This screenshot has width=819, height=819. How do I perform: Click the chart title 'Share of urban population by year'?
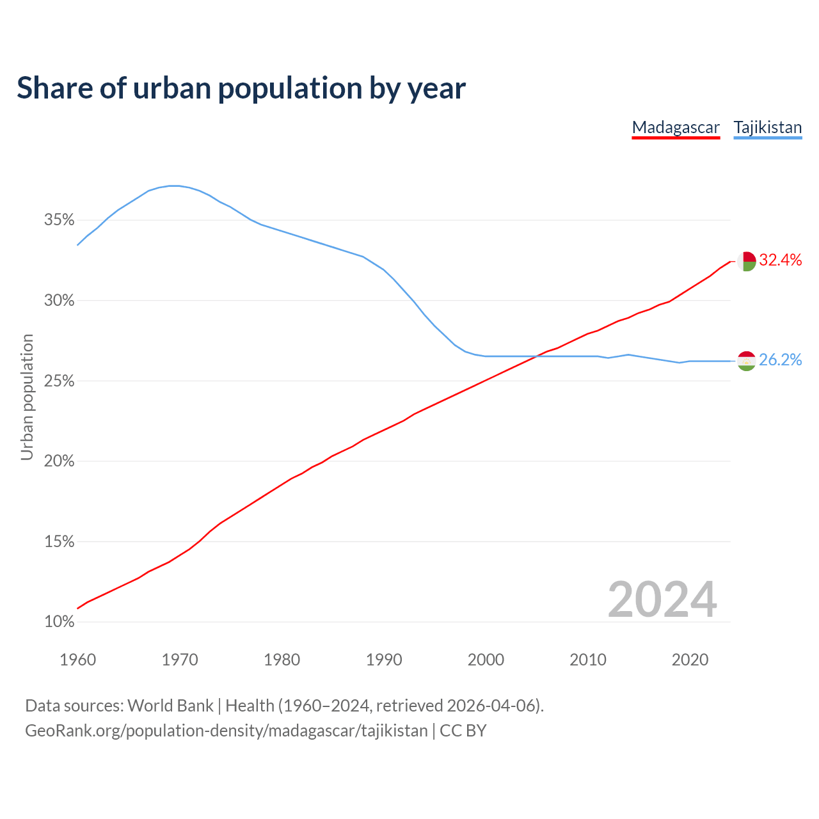coord(241,88)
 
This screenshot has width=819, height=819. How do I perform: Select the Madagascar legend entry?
coord(676,127)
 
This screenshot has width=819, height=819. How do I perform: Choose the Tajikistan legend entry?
coord(767,127)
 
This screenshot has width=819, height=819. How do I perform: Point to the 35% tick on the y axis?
coord(59,220)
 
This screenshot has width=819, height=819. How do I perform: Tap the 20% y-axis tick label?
coord(59,461)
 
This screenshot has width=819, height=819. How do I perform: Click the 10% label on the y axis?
coord(59,622)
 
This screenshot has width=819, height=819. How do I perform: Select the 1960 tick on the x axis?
coord(77,660)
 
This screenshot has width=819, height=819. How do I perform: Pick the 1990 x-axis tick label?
coord(384,660)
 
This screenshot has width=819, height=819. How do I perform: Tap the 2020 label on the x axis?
coord(690,660)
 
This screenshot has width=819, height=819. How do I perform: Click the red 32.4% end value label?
coord(781,260)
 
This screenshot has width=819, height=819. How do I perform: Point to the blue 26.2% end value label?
coord(781,360)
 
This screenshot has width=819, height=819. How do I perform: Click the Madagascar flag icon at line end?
coord(746,261)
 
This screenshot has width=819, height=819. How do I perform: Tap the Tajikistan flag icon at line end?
coord(746,361)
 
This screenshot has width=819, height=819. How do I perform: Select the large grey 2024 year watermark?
coord(662,600)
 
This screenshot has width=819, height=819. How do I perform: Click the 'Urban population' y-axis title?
coord(27,397)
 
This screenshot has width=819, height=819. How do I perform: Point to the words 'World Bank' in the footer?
coord(170,706)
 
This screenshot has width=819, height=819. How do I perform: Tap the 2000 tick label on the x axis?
coord(486,660)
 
